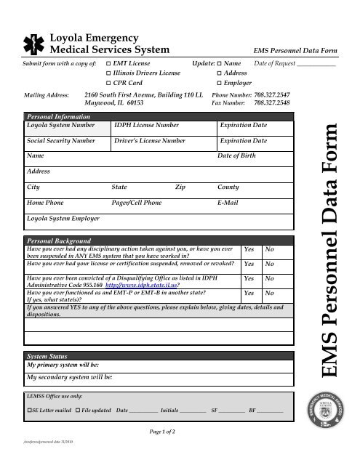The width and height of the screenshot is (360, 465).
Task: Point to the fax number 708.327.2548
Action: click(x=276, y=103)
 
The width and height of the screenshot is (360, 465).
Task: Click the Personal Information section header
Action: click(x=55, y=116)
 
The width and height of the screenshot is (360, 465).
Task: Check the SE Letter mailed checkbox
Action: click(x=28, y=411)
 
